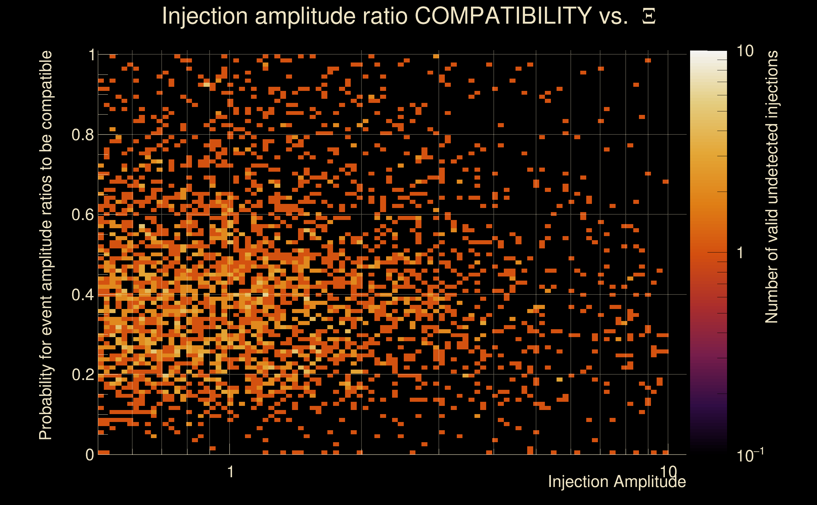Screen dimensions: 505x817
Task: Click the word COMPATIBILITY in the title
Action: coord(503,16)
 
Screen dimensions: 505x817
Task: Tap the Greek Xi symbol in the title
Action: coord(649,16)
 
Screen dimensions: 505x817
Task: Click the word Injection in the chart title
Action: coord(205,16)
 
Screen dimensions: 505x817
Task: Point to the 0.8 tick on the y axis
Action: coord(83,135)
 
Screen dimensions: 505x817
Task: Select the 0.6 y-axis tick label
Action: coord(83,215)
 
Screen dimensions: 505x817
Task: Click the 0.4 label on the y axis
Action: coord(83,295)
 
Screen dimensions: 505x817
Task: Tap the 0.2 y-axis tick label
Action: coord(83,375)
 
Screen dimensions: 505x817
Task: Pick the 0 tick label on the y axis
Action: coord(90,455)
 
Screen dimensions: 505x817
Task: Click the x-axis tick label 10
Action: coord(668,472)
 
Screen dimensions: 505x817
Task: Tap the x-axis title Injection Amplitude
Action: coord(617,482)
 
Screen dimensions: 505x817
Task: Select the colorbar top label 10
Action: coord(745,51)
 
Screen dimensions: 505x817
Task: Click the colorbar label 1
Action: coord(740,253)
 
